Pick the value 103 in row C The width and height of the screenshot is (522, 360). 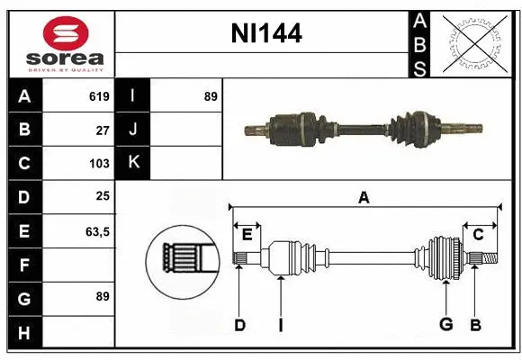(x=99, y=164)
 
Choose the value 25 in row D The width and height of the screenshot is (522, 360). (x=103, y=197)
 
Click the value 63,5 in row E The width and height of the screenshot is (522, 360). (x=97, y=231)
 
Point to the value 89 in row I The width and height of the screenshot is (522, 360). (x=211, y=96)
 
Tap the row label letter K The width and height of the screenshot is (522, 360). (x=132, y=163)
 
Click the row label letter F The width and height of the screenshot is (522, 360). (x=23, y=265)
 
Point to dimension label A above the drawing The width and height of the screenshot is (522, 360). (x=364, y=197)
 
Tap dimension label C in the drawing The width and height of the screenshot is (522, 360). (x=479, y=235)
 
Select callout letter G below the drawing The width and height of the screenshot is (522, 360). (x=445, y=325)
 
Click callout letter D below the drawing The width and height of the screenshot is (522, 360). (x=239, y=325)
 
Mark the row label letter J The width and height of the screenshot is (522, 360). (x=132, y=130)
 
